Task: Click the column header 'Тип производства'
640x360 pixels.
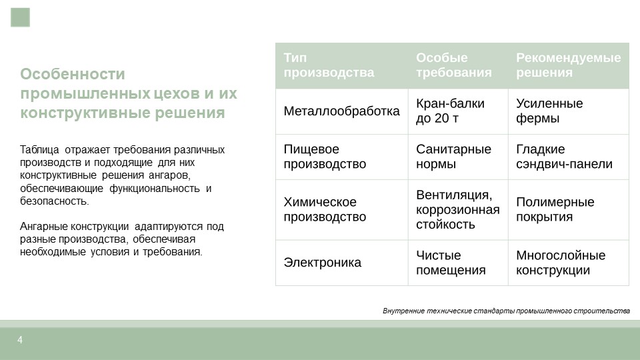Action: point(329,65)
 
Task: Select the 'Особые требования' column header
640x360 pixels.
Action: point(453,65)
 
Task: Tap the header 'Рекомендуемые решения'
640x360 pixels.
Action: point(568,65)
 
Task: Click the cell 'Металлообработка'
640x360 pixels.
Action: point(341,111)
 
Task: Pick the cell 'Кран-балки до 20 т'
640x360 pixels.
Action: point(450,111)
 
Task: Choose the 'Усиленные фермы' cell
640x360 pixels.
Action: point(549,111)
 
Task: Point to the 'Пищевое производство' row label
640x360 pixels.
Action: point(325,157)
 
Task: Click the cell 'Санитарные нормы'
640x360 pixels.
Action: point(453,157)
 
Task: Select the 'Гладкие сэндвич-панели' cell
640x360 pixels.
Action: point(564,157)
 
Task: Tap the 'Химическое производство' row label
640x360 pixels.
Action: point(325,209)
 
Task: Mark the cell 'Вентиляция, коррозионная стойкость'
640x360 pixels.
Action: point(457,209)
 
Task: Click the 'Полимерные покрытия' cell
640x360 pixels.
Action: point(555,209)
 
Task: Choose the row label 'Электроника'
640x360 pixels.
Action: point(323,263)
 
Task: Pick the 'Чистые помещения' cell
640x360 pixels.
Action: point(451,263)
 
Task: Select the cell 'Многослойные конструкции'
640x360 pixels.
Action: point(561,263)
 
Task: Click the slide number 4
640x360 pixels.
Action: point(20,340)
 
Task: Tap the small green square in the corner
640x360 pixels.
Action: point(21,17)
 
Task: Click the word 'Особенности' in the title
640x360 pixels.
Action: point(73,74)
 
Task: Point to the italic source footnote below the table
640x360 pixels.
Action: point(506,311)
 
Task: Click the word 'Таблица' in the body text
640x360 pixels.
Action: point(39,150)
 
